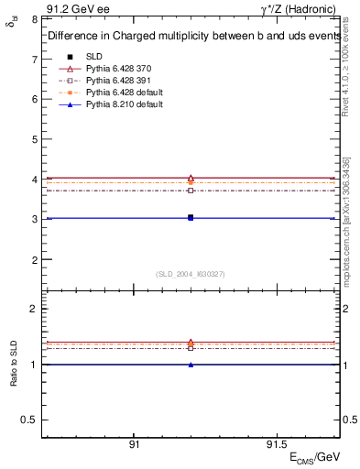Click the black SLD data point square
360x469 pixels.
(x=191, y=217)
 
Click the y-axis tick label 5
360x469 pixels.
(x=34, y=139)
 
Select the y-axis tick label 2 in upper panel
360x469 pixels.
(x=34, y=260)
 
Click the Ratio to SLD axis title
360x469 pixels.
(x=13, y=364)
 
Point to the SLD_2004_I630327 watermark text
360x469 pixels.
(x=191, y=274)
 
